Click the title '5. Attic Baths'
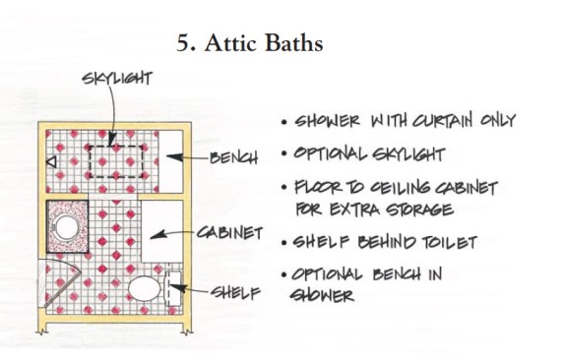click(x=249, y=43)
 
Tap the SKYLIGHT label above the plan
click(x=117, y=78)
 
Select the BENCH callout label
click(x=234, y=157)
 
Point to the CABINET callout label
click(x=230, y=233)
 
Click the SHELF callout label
click(x=235, y=293)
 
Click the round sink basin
click(x=67, y=227)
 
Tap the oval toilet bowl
click(x=145, y=288)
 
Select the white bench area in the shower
click(x=170, y=161)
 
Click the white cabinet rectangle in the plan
click(x=162, y=231)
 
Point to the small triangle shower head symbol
click(x=52, y=162)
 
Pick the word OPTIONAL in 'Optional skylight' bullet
click(x=330, y=153)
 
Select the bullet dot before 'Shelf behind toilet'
click(x=284, y=243)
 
